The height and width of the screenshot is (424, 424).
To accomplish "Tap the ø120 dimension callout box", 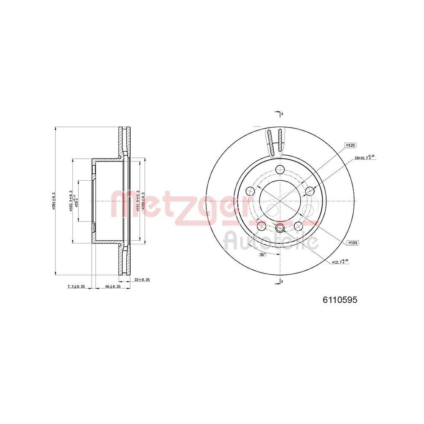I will pyautogui.click(x=350, y=145).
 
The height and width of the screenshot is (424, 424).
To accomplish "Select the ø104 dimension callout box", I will pyautogui.click(x=352, y=243).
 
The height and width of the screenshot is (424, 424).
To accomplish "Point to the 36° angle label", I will pyautogui.click(x=262, y=254).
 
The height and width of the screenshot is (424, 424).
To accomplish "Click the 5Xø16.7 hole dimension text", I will pyautogui.click(x=364, y=158).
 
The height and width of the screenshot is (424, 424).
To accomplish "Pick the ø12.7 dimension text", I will pyautogui.click(x=340, y=262).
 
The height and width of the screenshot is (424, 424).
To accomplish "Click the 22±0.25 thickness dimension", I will pyautogui.click(x=142, y=280).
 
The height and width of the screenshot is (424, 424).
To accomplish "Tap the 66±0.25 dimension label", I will pyautogui.click(x=113, y=287).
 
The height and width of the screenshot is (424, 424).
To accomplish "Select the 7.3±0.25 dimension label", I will pyautogui.click(x=76, y=287).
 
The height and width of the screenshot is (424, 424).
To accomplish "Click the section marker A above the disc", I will pyautogui.click(x=281, y=113).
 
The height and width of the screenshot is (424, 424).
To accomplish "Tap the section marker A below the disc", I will pyautogui.click(x=281, y=281).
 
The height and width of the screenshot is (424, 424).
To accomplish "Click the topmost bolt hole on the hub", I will pyautogui.click(x=280, y=170).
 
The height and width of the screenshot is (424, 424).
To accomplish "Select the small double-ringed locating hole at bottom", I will pyautogui.click(x=280, y=229).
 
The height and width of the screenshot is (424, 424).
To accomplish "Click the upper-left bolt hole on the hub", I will pyautogui.click(x=250, y=191).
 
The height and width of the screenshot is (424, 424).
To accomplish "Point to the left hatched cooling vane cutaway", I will pyautogui.click(x=270, y=142).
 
